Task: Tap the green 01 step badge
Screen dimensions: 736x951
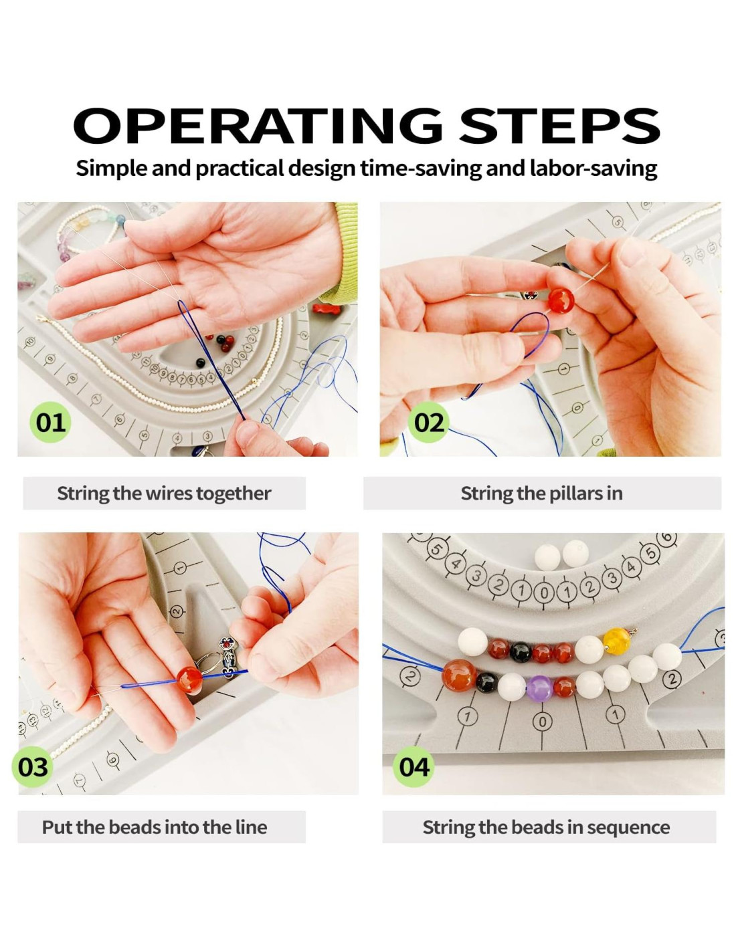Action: click(x=50, y=422)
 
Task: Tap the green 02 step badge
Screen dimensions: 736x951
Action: click(x=429, y=422)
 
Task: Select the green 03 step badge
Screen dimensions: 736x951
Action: click(x=33, y=767)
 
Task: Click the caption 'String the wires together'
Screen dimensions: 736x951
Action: click(x=164, y=494)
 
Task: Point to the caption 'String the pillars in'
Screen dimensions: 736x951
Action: click(x=541, y=494)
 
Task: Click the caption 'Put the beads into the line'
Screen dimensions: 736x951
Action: click(x=155, y=827)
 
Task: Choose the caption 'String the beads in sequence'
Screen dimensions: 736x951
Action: click(x=546, y=827)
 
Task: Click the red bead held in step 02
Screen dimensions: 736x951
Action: click(x=561, y=301)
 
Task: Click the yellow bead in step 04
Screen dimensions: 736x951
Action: click(x=616, y=641)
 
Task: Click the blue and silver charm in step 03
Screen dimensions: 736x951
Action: click(x=227, y=657)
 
